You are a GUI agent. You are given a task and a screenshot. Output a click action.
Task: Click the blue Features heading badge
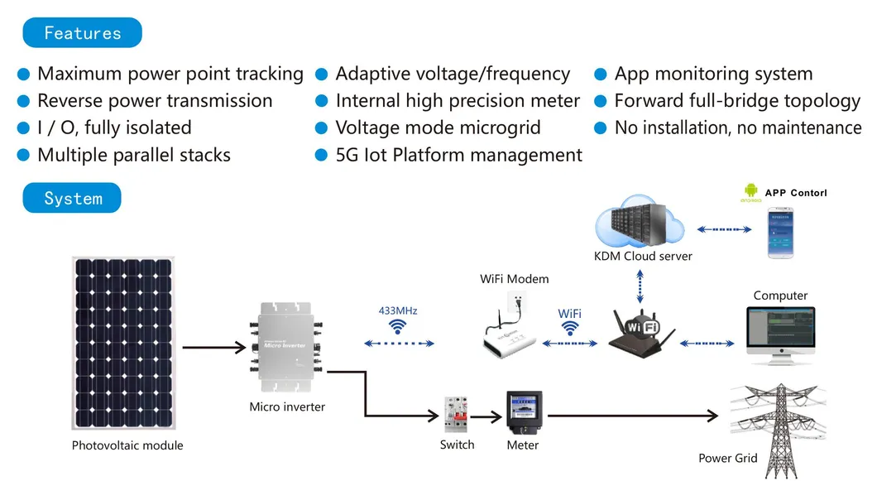coord(82,33)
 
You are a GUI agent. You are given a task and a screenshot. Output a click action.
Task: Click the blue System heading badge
coord(72,199)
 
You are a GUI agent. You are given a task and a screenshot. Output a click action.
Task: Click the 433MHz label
coord(398,311)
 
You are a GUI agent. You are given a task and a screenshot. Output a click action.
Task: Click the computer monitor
coord(780,334)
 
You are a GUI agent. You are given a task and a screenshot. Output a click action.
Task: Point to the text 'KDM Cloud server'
coord(643,256)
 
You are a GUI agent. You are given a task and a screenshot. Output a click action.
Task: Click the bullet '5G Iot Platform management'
coord(458,155)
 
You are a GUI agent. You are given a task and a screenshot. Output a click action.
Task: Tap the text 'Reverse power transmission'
coord(155,101)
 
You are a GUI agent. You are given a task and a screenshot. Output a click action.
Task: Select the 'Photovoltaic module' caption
coord(127,445)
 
